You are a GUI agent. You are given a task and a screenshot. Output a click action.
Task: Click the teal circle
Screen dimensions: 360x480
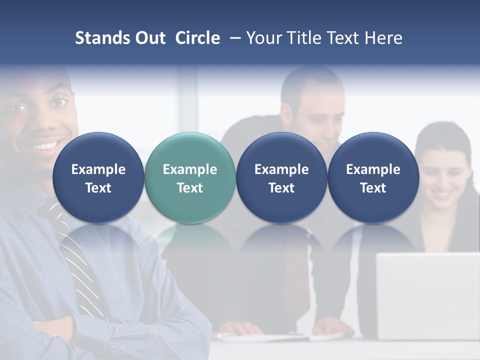pyautogui.click(x=190, y=177)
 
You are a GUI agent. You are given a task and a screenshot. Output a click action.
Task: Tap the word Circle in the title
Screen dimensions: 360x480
pyautogui.click(x=197, y=38)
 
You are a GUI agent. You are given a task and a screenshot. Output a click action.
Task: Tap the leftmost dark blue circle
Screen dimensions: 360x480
pyautogui.click(x=98, y=177)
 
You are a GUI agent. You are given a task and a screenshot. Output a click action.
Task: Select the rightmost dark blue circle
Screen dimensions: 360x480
pyautogui.click(x=373, y=177)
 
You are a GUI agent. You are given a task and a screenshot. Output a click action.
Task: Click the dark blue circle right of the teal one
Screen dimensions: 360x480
pyautogui.click(x=281, y=177)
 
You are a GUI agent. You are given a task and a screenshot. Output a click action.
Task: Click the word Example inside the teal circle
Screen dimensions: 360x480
pyautogui.click(x=190, y=169)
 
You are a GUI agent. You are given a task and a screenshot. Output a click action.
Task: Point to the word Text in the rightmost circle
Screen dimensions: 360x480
pyautogui.click(x=373, y=188)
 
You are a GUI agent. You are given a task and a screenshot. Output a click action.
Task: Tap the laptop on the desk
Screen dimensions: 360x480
pyautogui.click(x=427, y=295)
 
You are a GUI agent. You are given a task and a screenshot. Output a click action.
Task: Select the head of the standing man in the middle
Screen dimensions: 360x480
pyautogui.click(x=312, y=107)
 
